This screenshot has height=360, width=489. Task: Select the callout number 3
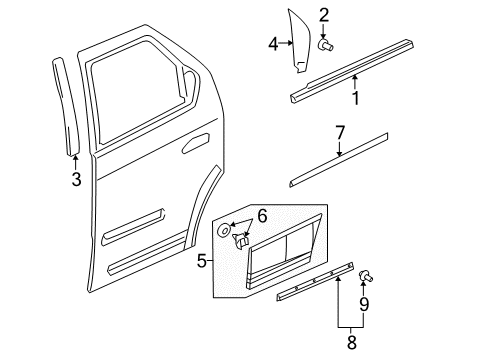coord(77,180)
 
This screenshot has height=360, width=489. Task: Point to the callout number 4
coord(273,43)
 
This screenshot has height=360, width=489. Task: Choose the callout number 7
coord(339,131)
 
